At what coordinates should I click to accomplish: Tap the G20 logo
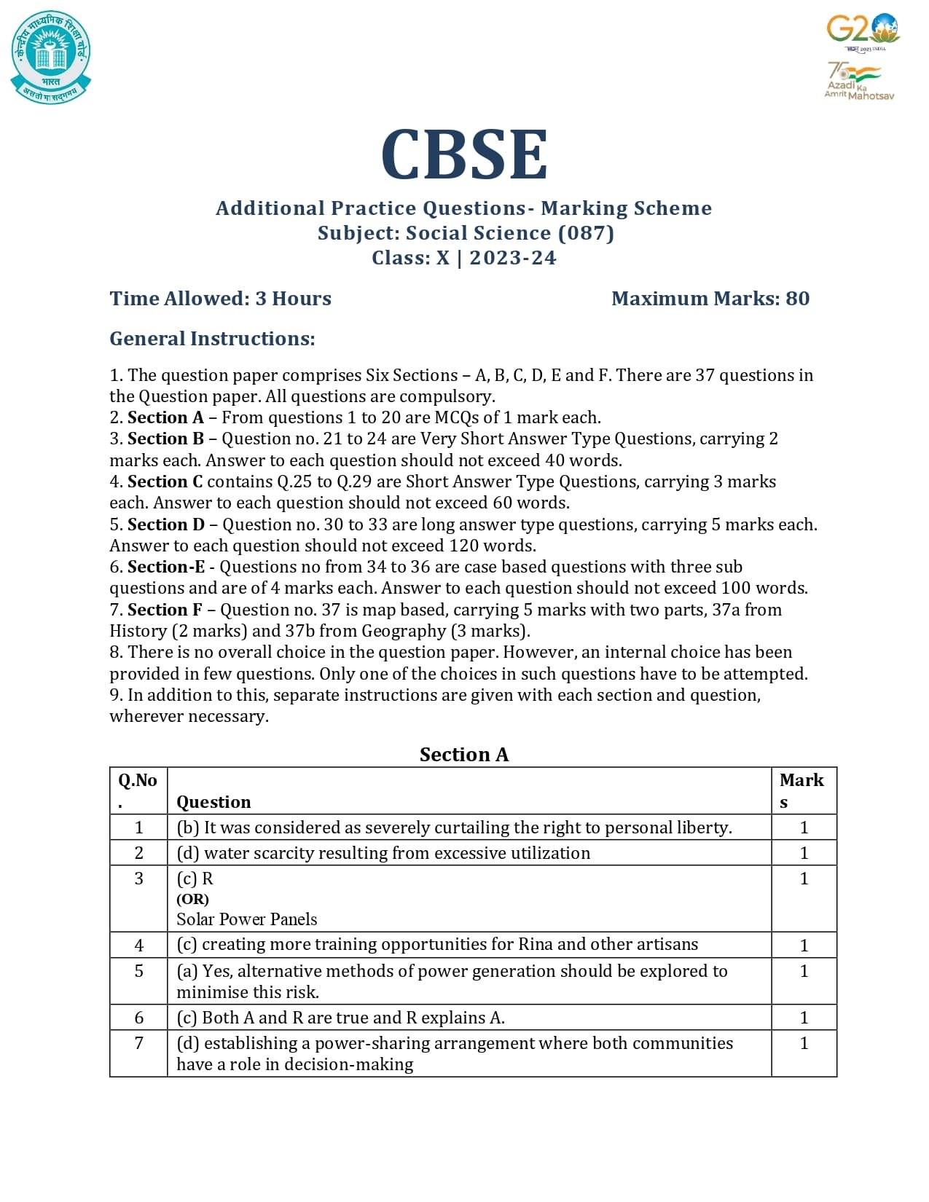862,31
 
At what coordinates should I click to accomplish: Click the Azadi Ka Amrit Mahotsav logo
858,81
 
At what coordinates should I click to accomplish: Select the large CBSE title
464,154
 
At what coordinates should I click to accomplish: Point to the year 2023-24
512,258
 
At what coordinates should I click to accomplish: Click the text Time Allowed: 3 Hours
220,299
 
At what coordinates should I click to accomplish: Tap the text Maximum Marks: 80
710,299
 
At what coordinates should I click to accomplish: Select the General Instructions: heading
212,339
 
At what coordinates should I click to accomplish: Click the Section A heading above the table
463,755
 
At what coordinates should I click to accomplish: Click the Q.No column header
138,790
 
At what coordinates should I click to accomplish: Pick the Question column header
213,802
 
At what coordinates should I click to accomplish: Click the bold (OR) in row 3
192,899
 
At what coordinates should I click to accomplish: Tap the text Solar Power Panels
246,919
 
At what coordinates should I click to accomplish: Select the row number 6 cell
138,1018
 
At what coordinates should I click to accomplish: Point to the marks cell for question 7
804,1043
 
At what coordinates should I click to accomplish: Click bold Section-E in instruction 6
166,567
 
